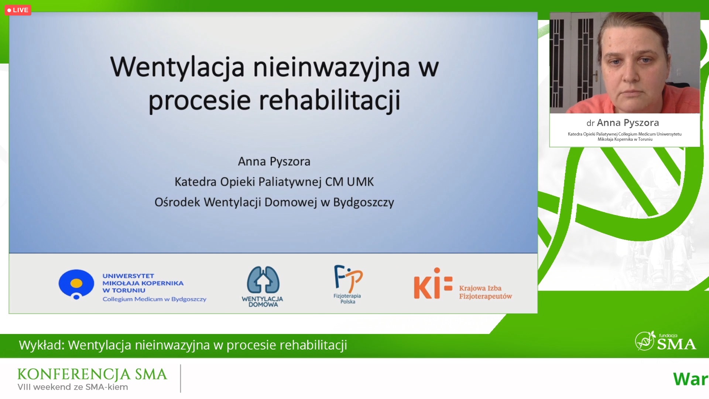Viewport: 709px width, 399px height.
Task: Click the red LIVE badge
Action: pyautogui.click(x=18, y=10)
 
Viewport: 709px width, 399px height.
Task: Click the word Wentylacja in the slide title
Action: pyautogui.click(x=177, y=68)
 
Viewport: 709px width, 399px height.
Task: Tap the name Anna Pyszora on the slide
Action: pyautogui.click(x=274, y=161)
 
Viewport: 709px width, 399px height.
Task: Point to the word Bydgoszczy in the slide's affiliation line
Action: pyautogui.click(x=364, y=202)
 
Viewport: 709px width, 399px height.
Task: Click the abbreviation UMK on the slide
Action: pyautogui.click(x=360, y=182)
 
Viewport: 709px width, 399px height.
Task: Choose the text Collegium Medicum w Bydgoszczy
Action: pyautogui.click(x=154, y=299)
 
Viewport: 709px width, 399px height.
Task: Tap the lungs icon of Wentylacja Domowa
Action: pyautogui.click(x=263, y=280)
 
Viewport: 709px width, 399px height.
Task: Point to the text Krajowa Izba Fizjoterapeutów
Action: pyautogui.click(x=486, y=292)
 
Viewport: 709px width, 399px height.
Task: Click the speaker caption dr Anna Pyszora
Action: pyautogui.click(x=623, y=123)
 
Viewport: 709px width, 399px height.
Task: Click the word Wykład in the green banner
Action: pyautogui.click(x=42, y=345)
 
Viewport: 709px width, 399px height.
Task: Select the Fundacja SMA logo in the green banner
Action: pyautogui.click(x=665, y=341)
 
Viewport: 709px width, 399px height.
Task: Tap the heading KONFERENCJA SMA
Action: pyautogui.click(x=92, y=374)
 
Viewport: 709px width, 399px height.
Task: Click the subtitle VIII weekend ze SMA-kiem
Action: pyautogui.click(x=73, y=387)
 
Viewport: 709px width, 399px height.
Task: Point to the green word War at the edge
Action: pyautogui.click(x=690, y=379)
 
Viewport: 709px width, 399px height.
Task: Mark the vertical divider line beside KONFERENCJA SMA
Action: pyautogui.click(x=181, y=379)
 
